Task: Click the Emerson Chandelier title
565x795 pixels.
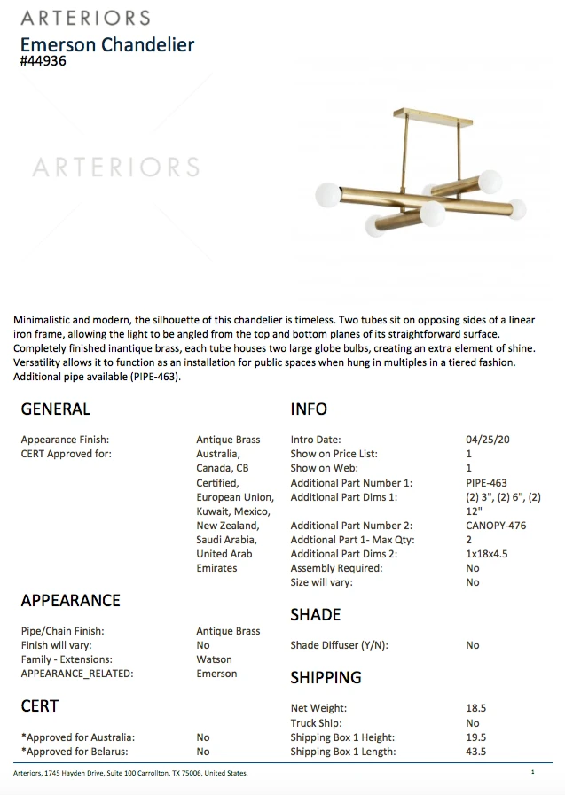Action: [106, 44]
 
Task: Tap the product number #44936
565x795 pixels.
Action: [43, 62]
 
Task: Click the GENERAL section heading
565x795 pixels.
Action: [55, 409]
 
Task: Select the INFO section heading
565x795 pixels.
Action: [309, 409]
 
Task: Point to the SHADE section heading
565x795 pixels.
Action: [315, 614]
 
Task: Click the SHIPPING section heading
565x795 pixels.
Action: [326, 678]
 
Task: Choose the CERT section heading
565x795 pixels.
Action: [39, 706]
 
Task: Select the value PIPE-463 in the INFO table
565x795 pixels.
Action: [486, 483]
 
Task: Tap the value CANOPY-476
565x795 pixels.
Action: [495, 526]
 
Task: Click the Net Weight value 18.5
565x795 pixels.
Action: [475, 709]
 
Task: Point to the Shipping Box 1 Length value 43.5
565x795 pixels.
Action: [475, 752]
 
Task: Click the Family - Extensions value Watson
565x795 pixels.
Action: [214, 659]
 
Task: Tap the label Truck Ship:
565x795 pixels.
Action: [317, 723]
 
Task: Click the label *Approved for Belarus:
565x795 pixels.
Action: [75, 752]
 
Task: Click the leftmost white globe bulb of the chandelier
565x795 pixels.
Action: [328, 194]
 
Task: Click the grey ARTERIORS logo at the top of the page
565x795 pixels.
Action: [85, 18]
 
